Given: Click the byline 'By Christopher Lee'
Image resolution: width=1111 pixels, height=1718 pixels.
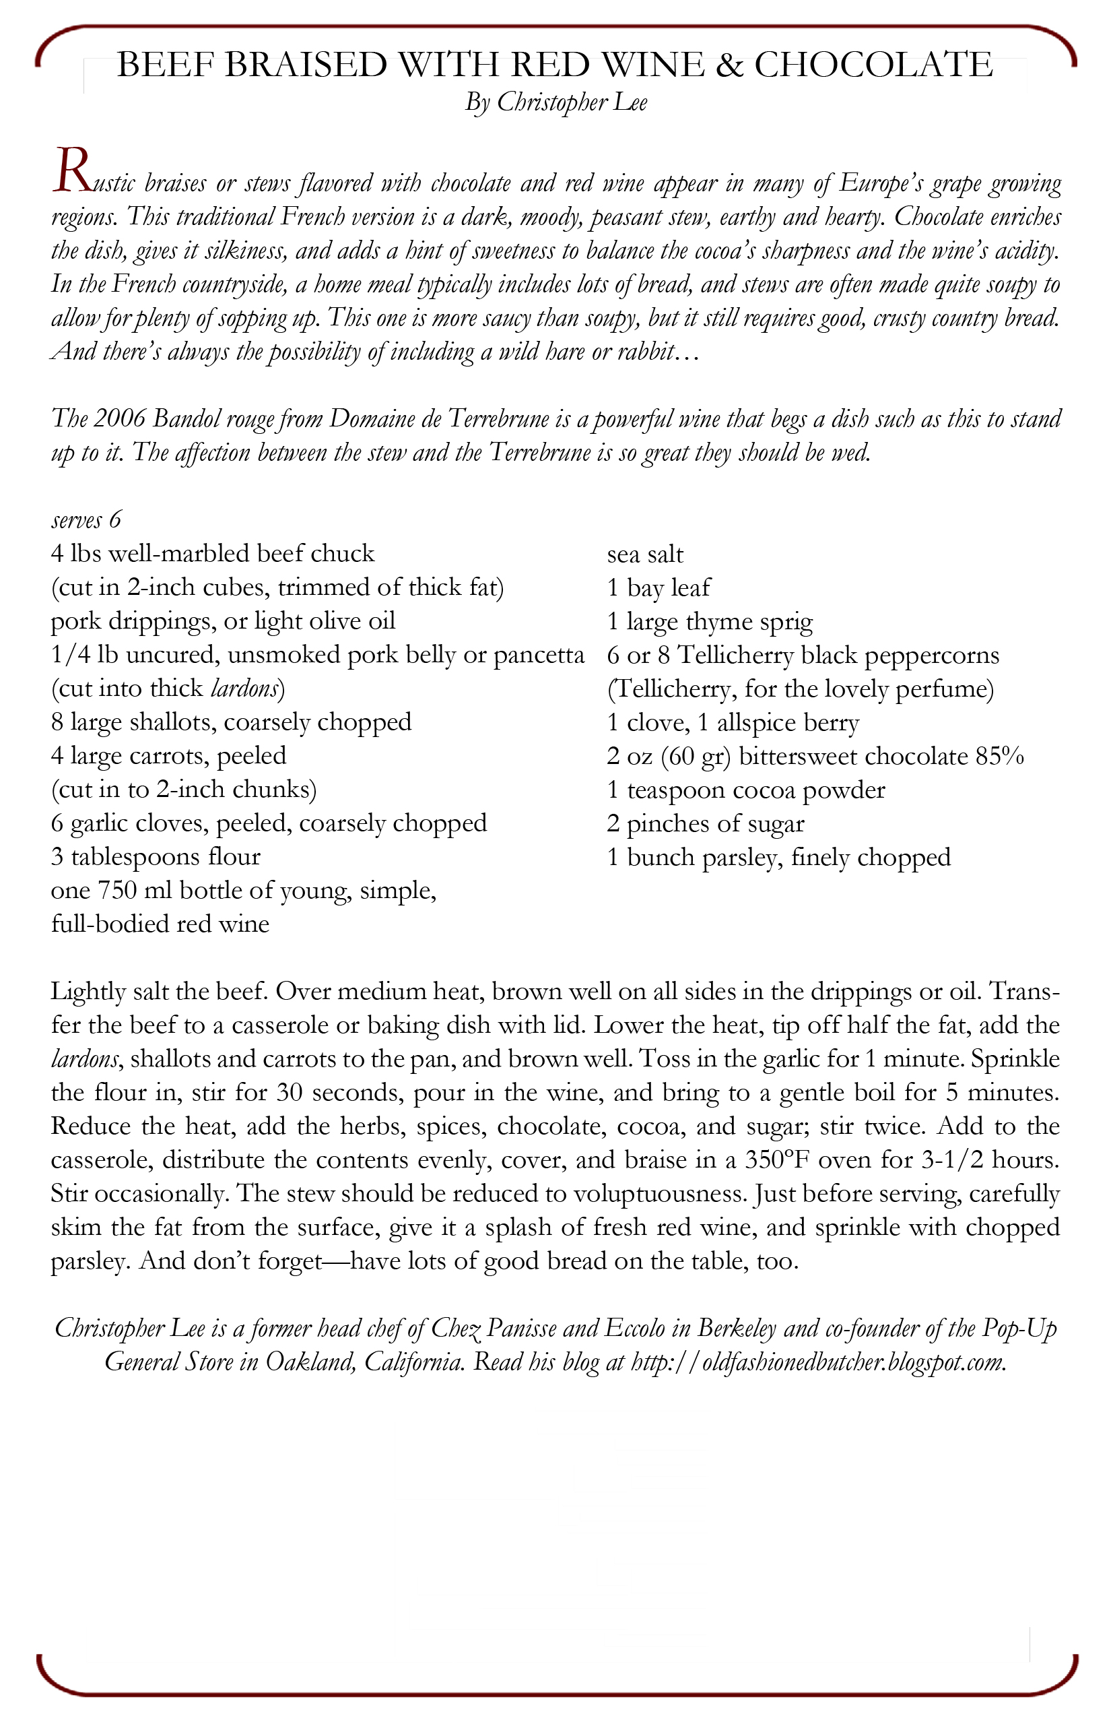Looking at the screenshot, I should pyautogui.click(x=555, y=102).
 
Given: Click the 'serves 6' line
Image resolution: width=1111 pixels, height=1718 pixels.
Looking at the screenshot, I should pyautogui.click(x=86, y=519).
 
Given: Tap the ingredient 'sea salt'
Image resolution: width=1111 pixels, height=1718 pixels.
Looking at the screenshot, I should pyautogui.click(x=645, y=554).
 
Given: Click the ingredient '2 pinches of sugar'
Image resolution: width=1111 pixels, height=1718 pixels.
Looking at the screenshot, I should pyautogui.click(x=705, y=823).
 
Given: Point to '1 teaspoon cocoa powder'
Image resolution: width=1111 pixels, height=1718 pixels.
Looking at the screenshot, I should pyautogui.click(x=745, y=790).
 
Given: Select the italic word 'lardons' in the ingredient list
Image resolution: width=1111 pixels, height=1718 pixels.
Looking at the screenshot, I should pyautogui.click(x=244, y=689).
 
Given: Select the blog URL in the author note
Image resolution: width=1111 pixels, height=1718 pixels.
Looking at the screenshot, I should pyautogui.click(x=817, y=1362).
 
